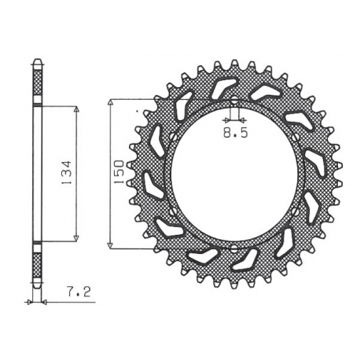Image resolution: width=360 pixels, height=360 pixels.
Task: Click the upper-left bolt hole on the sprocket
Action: tap(169, 136)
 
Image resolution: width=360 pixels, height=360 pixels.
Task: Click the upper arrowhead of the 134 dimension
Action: tap(76, 111)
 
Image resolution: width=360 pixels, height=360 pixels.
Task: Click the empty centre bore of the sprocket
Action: tap(235, 174)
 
